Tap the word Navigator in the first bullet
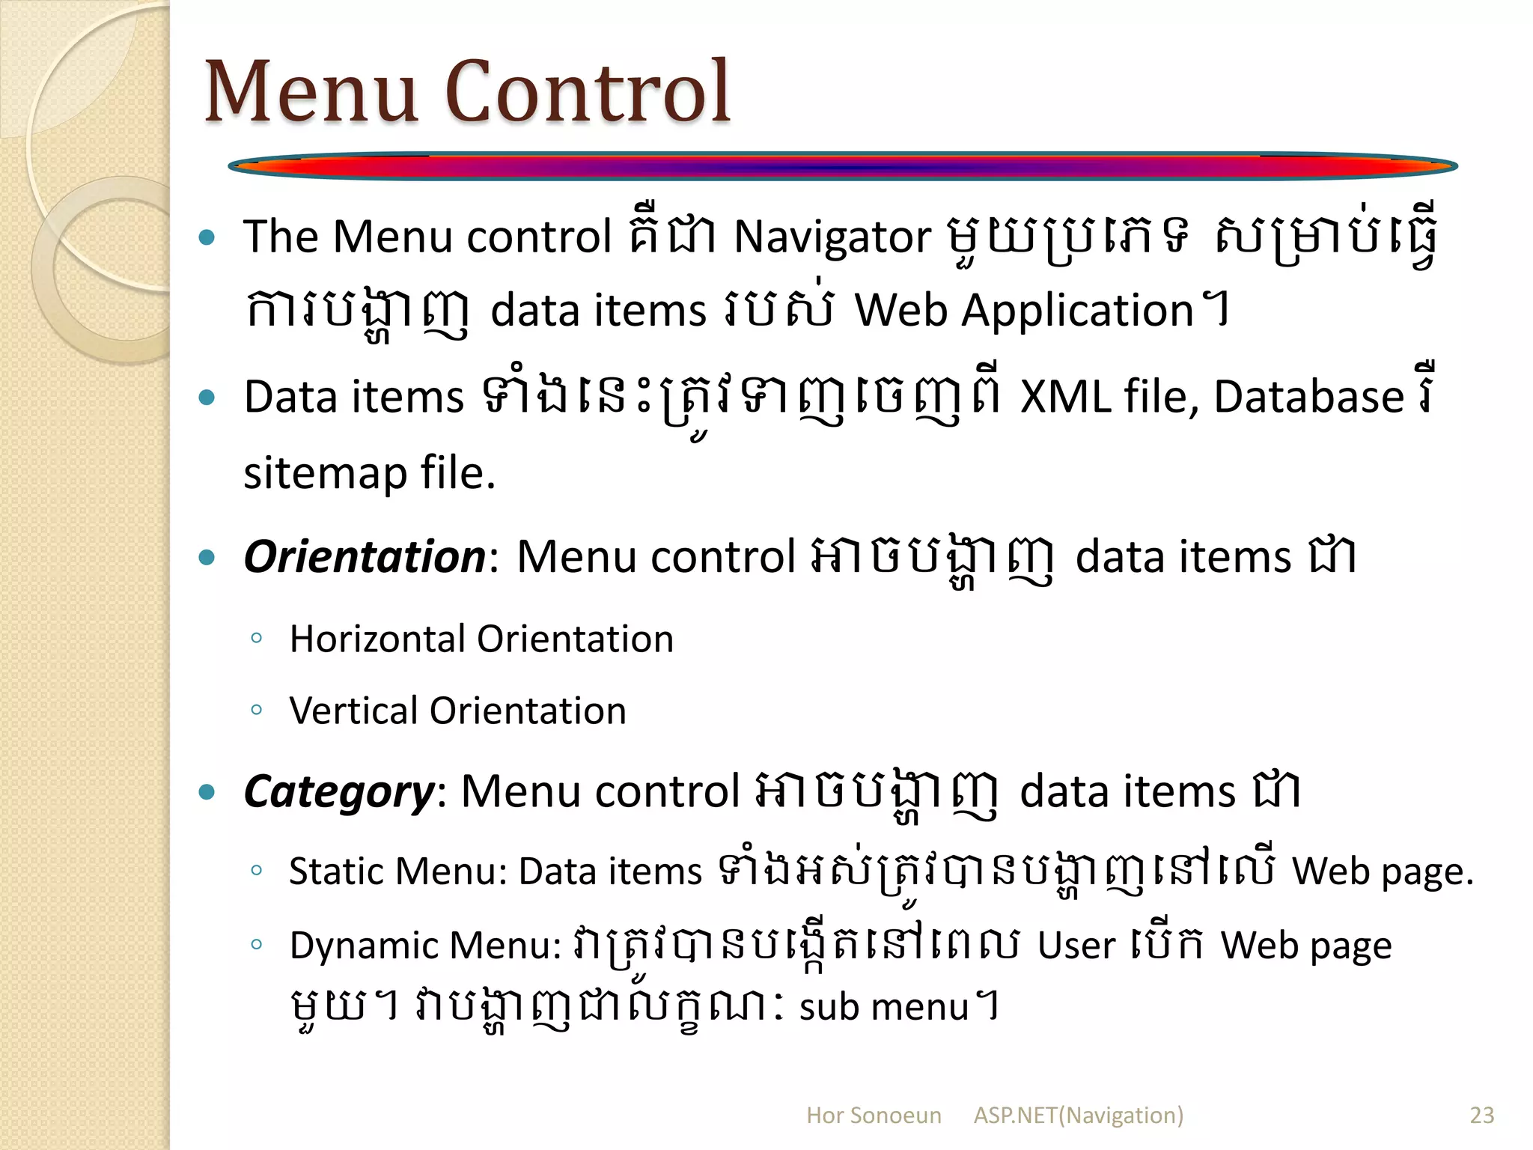pyautogui.click(x=832, y=237)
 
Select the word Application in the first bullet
pyautogui.click(x=1077, y=310)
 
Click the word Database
pyautogui.click(x=1308, y=397)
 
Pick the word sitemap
pyautogui.click(x=323, y=475)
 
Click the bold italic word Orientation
pyautogui.click(x=365, y=557)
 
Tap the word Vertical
pyautogui.click(x=353, y=711)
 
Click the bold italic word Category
pyautogui.click(x=339, y=792)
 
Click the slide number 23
pyautogui.click(x=1482, y=1116)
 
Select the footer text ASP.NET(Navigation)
pyautogui.click(x=1079, y=1116)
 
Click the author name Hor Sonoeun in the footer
pyautogui.click(x=874, y=1116)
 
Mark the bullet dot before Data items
pyautogui.click(x=207, y=397)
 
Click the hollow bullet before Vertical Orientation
pyautogui.click(x=257, y=710)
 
